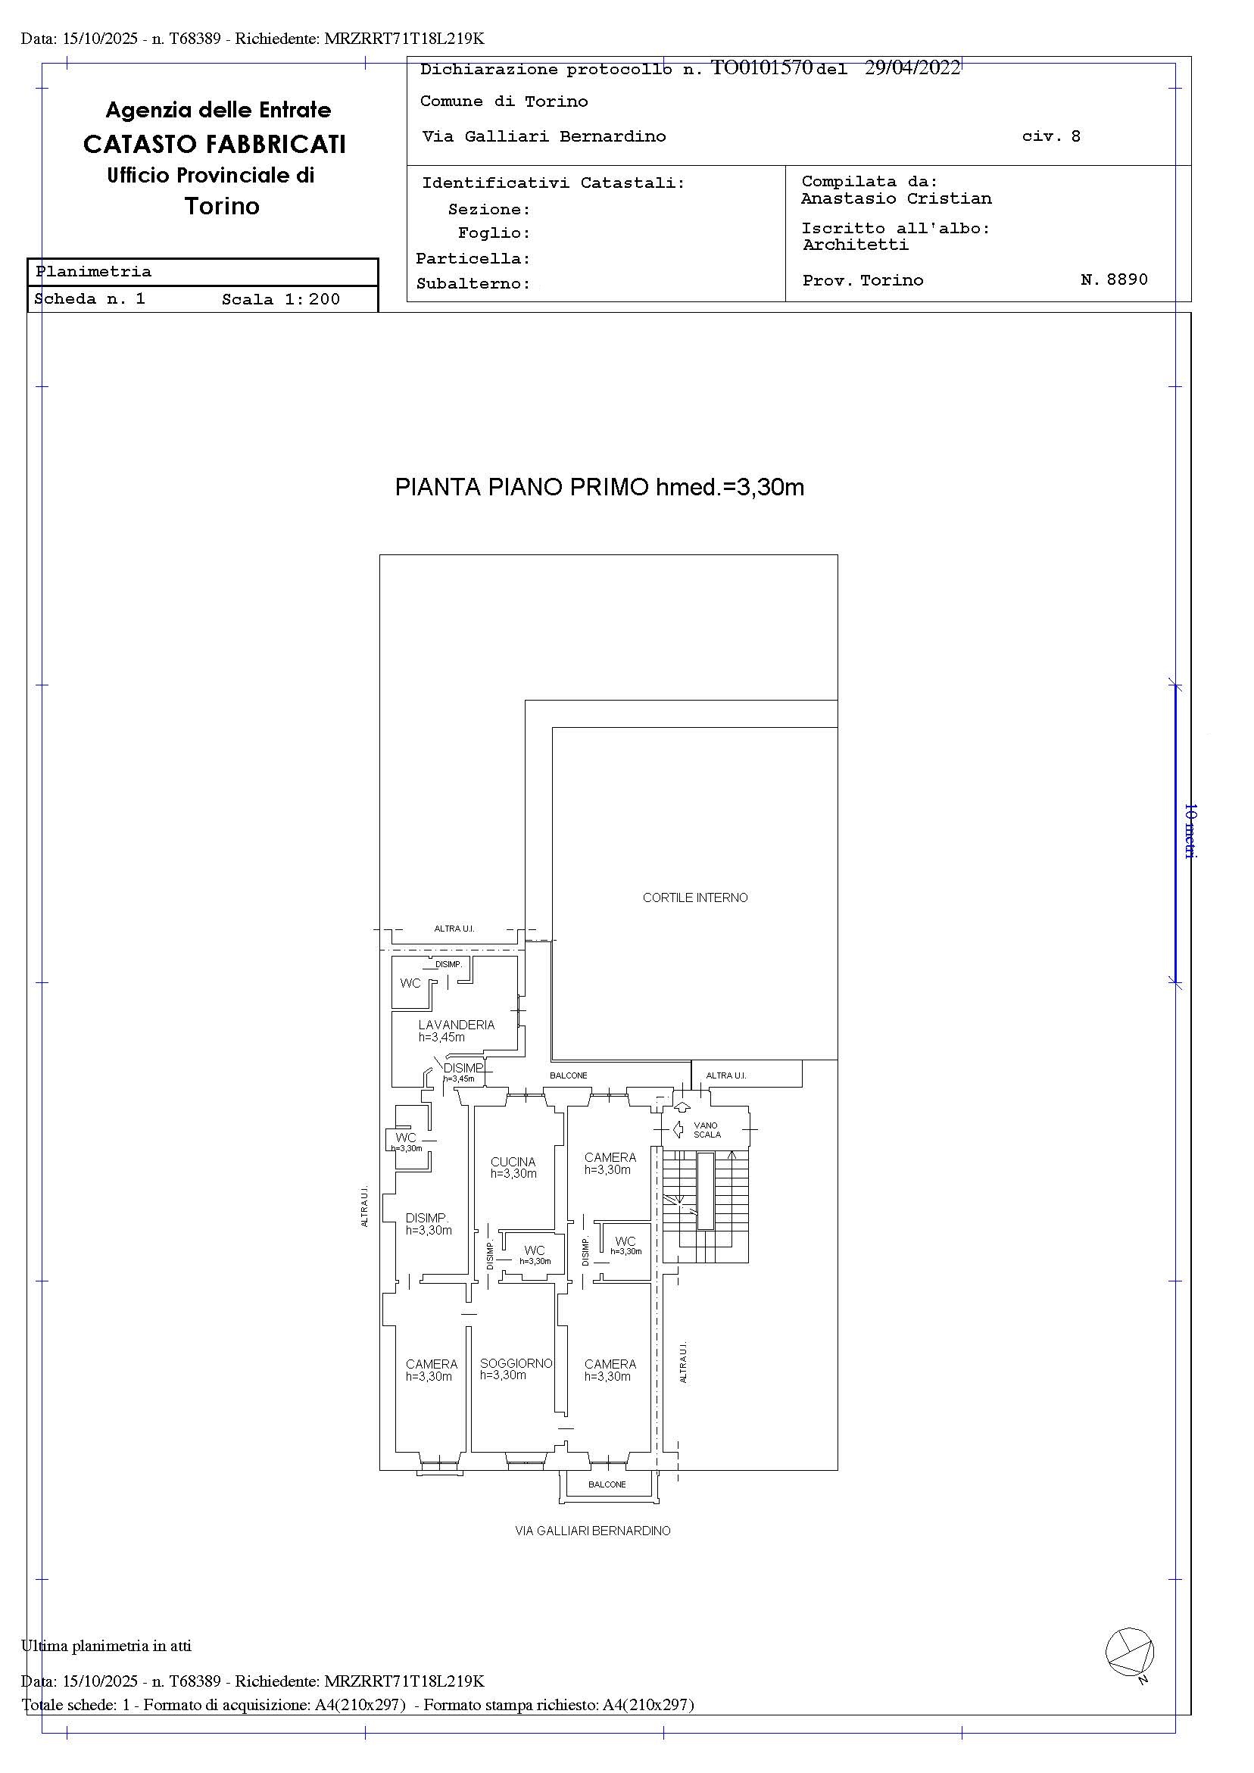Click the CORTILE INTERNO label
coord(695,897)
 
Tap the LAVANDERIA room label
coord(457,1025)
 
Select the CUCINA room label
coord(513,1161)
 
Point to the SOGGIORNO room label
coord(516,1364)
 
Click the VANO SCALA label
coord(707,1130)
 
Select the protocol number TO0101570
coord(761,68)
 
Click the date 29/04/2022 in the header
coord(912,68)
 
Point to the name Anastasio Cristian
coord(896,198)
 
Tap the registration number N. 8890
coord(1114,279)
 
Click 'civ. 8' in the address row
coord(1051,136)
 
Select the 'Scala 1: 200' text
coord(281,300)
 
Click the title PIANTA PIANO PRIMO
coord(522,487)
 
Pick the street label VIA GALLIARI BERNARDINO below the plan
coord(592,1531)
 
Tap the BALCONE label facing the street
coord(607,1484)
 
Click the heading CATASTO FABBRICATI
coord(214,145)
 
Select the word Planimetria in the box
coord(93,272)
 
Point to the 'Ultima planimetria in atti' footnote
coord(107,1646)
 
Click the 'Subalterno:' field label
coord(473,283)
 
